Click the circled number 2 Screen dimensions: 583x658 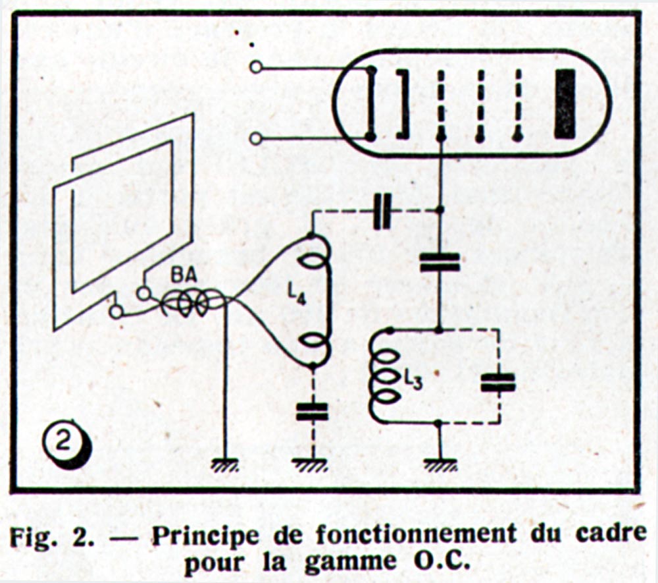pos(65,443)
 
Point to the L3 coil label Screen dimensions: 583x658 pos(413,380)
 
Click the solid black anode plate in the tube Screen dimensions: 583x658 pos(565,104)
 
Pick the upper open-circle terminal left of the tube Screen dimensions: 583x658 pos(256,67)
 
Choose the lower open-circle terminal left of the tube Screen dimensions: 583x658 pos(256,138)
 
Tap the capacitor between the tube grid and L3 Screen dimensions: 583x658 pos(440,262)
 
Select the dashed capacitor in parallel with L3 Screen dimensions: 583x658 pos(498,383)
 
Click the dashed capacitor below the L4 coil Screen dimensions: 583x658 pos(313,412)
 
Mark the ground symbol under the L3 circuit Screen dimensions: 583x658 pos(440,465)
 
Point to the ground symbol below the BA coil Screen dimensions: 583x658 pos(225,465)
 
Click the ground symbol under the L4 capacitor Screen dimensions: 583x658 pos(313,465)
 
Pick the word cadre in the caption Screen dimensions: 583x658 pos(611,535)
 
